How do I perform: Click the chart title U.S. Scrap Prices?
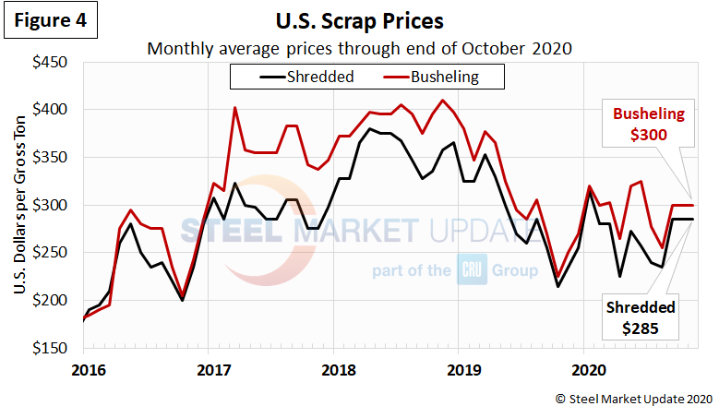(359, 19)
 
